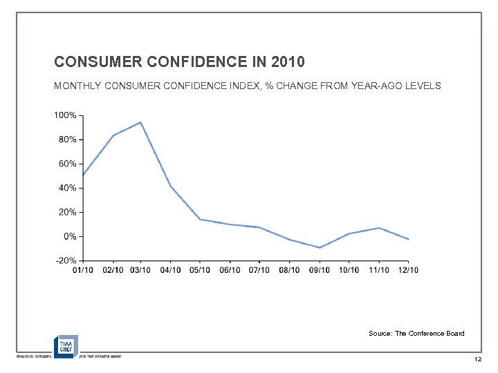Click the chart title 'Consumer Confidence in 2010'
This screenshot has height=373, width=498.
179,62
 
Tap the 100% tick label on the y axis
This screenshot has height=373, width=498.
66,115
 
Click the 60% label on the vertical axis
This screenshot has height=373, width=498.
68,164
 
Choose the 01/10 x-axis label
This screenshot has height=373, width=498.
82,270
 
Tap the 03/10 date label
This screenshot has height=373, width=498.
140,270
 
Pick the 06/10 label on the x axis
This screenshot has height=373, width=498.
230,270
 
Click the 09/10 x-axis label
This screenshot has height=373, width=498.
319,270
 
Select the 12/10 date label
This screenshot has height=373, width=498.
407,270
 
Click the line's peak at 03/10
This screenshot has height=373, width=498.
140,122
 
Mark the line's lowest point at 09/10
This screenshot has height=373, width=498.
320,247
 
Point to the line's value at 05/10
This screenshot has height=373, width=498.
200,220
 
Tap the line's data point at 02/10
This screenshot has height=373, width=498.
112,135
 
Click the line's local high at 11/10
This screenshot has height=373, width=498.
379,228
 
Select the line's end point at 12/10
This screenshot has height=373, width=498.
409,239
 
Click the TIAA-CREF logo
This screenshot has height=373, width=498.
66,345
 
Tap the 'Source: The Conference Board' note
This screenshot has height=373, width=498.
416,334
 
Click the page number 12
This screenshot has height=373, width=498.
478,361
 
